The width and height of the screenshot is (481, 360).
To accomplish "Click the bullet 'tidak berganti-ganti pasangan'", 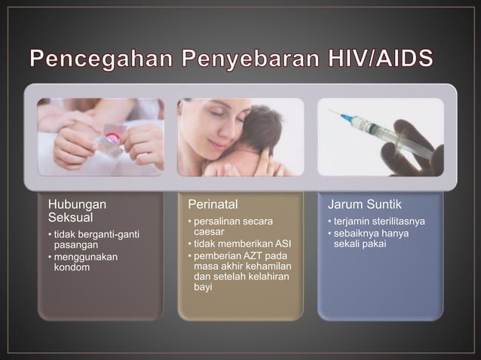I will click(x=94, y=240).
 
